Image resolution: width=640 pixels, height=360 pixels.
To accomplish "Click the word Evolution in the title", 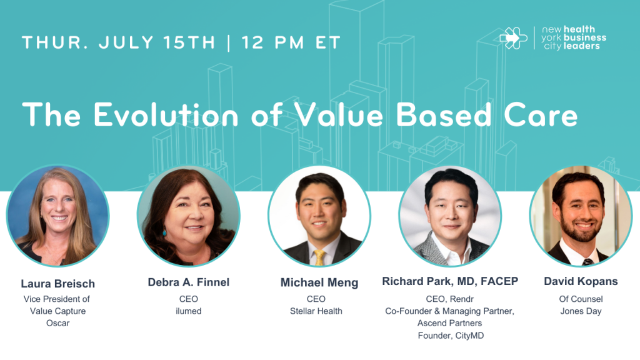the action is pos(166,115).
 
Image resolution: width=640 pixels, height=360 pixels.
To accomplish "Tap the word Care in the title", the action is pos(541,115).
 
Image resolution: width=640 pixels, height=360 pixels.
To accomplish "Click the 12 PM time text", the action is pos(272,42).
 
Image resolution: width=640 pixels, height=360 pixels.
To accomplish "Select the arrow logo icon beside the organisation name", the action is pos(514,38).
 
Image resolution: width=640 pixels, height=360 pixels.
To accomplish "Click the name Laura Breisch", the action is pos(58,284).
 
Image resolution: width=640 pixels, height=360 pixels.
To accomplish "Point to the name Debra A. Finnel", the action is pos(189,282).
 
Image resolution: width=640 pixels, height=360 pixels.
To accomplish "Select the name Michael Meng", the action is pos(319,282).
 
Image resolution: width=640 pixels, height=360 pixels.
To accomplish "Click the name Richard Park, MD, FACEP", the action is pos(450,281).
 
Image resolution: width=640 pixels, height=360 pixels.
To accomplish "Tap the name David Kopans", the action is pos(581,281).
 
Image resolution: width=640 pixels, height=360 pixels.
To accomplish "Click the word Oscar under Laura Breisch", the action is pos(58,323).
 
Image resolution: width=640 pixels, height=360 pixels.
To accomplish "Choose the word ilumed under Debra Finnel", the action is pos(189,311).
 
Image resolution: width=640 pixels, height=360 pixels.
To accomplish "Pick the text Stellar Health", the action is pos(316,311).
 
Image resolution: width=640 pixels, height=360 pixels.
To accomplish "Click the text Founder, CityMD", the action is pos(451,336).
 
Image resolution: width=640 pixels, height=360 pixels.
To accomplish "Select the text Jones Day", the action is pos(581,311).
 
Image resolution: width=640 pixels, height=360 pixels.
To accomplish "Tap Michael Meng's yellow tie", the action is pos(319,257).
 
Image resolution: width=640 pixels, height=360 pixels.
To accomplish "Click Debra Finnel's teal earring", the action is pos(164,232).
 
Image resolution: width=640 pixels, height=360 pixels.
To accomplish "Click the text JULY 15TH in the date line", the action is pos(157,42).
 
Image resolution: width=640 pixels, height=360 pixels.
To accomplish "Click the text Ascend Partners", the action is pos(449,323).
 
